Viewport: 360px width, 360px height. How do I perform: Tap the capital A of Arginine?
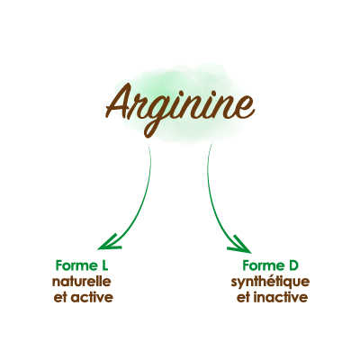[x=120, y=101]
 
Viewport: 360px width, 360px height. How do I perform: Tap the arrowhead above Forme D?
[x=240, y=244]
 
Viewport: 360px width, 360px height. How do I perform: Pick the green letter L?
[x=103, y=265]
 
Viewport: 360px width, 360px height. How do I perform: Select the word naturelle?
[x=82, y=282]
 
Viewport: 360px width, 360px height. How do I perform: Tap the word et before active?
[x=60, y=298]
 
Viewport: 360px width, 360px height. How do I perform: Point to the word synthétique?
[x=270, y=283]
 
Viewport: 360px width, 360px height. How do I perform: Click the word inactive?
[x=281, y=298]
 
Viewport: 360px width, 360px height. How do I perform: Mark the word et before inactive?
[x=243, y=298]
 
